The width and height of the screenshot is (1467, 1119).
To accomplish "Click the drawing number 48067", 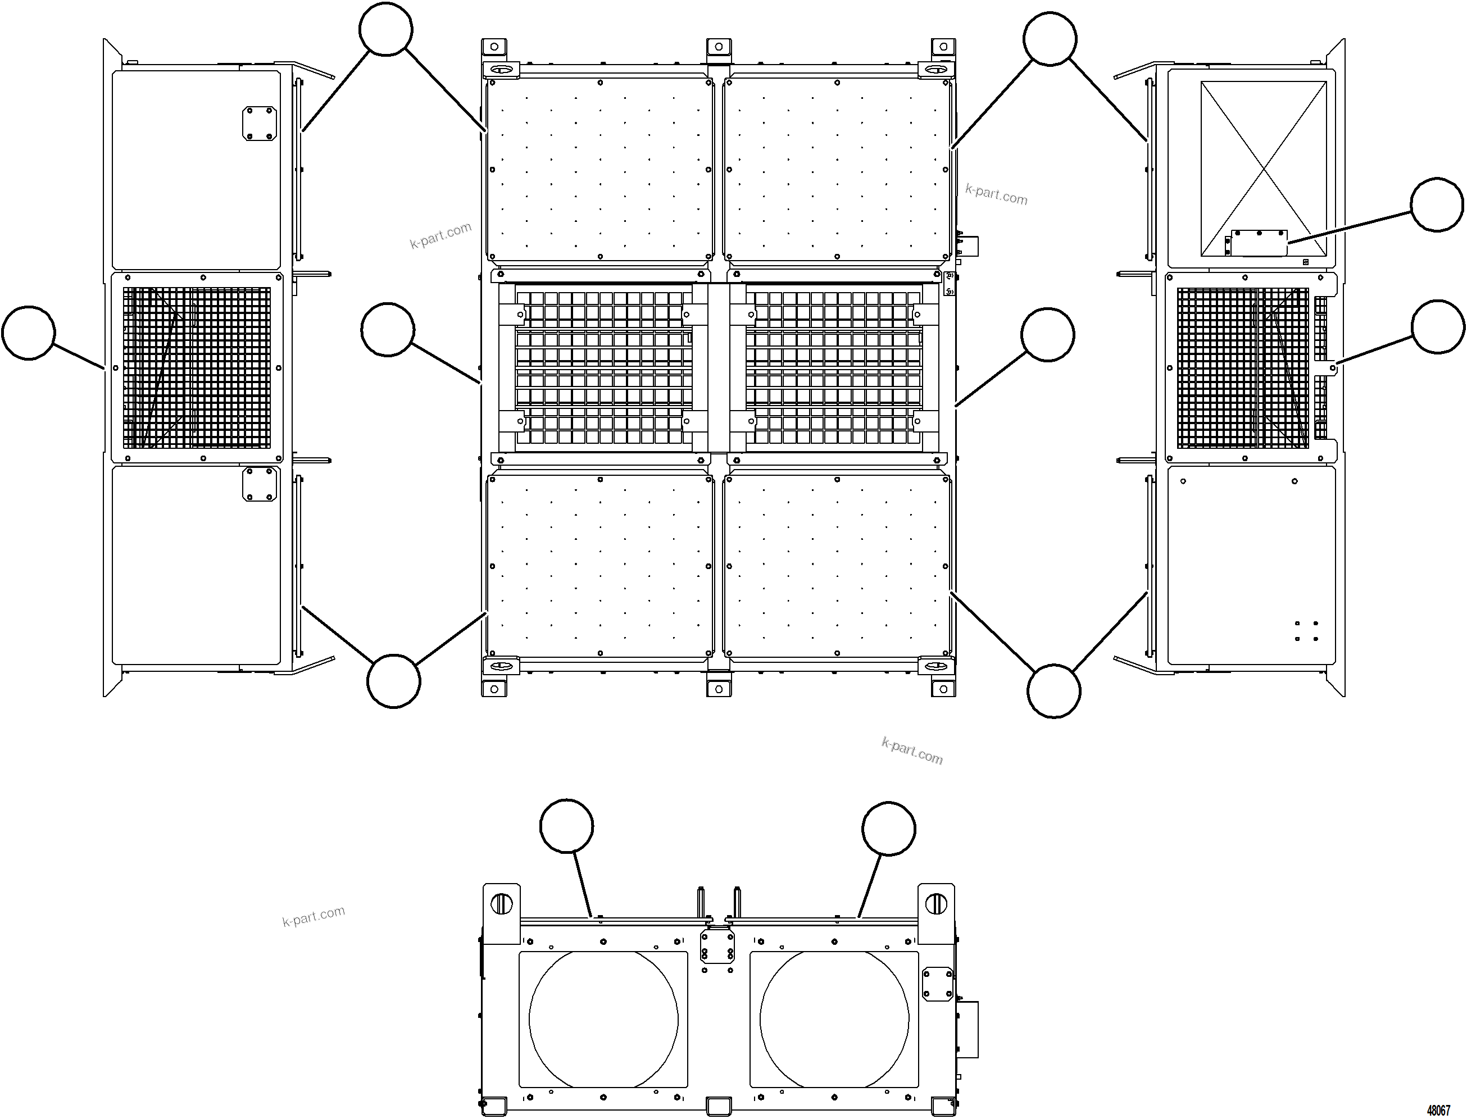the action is click(x=1438, y=1111).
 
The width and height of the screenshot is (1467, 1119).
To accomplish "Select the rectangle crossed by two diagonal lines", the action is click(x=1263, y=169).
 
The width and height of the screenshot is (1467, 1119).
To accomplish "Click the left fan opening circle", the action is click(x=603, y=1020).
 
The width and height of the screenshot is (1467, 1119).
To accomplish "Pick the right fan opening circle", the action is click(x=834, y=1020).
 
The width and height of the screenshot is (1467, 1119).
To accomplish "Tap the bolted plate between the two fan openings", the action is click(x=717, y=947).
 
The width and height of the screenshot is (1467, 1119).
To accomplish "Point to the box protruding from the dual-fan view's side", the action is click(x=968, y=1029).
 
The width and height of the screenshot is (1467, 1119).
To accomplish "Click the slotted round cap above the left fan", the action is click(x=501, y=904).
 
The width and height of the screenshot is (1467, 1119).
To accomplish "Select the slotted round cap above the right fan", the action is click(x=936, y=904).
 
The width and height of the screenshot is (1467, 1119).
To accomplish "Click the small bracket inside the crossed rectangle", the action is click(x=1258, y=243).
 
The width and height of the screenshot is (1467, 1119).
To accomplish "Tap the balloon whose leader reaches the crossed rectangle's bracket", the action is click(x=1437, y=204).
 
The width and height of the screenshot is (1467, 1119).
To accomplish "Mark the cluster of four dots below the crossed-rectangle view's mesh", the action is click(x=1306, y=631).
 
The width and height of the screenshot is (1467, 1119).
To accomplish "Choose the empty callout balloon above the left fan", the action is click(x=566, y=826).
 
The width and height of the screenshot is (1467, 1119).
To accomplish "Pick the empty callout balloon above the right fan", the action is click(x=888, y=829).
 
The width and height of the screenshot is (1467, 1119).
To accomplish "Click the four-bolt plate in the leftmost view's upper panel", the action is click(x=259, y=123).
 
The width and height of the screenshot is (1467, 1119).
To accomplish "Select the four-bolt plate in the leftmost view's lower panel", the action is click(x=259, y=484).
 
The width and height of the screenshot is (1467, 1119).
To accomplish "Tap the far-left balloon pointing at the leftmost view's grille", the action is click(x=29, y=333).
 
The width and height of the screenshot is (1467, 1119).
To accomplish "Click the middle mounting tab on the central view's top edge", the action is click(x=718, y=48).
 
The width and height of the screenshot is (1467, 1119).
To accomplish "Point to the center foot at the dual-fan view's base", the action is click(x=718, y=1106).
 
